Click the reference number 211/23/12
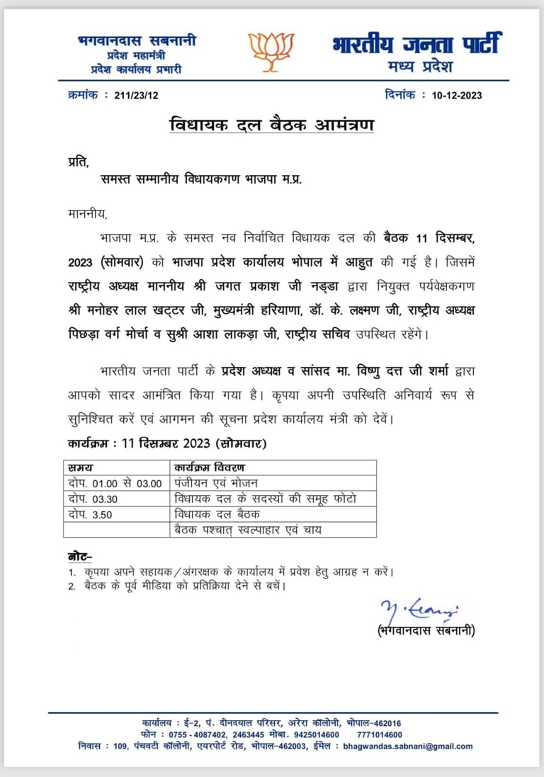coord(136,96)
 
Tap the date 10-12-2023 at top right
coord(457,96)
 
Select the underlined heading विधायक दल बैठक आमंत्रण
coord(272,125)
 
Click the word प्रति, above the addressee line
coord(78,162)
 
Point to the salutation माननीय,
coord(87,214)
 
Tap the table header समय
coord(80,468)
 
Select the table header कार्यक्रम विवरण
coord(209,468)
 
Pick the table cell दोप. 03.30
coord(93,499)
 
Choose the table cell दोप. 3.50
coord(90,515)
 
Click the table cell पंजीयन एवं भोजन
coord(216,483)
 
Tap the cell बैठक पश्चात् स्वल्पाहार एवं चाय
coord(248,530)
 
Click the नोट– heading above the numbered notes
coord(80,557)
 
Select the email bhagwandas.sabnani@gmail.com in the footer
coord(408,746)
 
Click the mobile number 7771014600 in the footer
coord(379,735)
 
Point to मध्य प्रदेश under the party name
coord(420,67)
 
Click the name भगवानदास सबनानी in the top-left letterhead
coord(137,41)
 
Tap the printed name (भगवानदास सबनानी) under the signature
coord(426,631)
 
